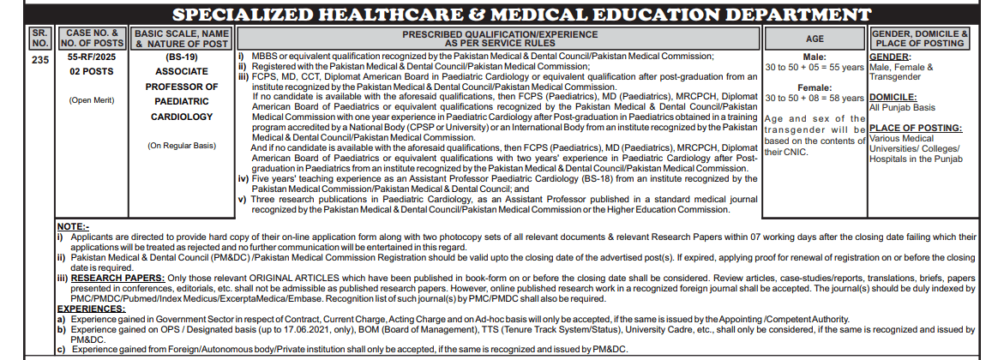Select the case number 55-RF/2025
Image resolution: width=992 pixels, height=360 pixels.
pos(92,56)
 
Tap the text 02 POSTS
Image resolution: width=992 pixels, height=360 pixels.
pos(92,71)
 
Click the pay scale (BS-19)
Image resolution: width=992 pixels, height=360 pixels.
pos(180,56)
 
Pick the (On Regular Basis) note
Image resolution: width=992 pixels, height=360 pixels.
pos(180,146)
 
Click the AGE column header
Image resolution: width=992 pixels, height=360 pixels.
pos(815,39)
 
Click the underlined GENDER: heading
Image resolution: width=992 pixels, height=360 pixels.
pos(893,56)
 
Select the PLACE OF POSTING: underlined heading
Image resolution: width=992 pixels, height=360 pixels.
pos(915,127)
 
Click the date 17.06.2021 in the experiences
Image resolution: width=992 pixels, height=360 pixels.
pos(331,329)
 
